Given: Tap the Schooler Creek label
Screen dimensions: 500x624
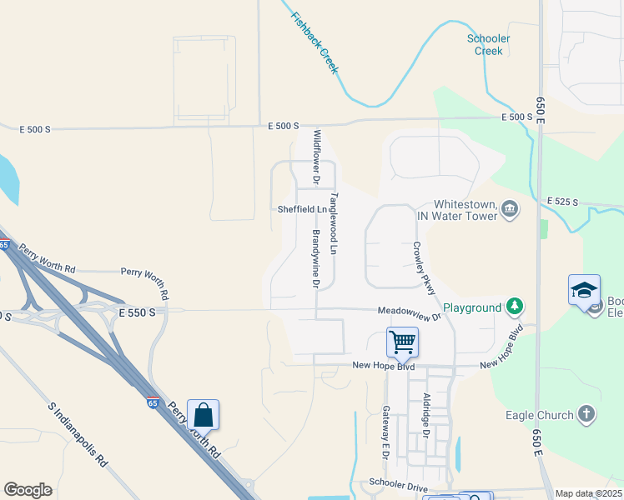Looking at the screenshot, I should (x=489, y=45).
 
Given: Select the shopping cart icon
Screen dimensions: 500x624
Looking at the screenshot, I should (x=402, y=341).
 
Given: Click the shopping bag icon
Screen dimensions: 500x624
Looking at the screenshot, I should (x=203, y=412).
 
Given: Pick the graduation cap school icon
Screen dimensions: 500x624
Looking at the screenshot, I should (x=584, y=290).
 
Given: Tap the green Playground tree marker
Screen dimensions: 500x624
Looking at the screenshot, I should (x=516, y=307).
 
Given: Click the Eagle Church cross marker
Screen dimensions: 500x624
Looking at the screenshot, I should (x=587, y=414).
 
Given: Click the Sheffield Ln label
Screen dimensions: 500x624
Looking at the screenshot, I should (x=301, y=210).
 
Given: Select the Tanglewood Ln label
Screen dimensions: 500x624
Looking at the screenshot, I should (x=335, y=223).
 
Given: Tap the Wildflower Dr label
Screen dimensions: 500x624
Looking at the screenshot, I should (x=317, y=156).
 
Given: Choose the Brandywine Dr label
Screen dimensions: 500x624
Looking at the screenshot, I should (x=317, y=259).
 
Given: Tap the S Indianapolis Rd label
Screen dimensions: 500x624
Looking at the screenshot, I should (x=78, y=435).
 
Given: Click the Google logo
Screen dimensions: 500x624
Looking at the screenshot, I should (x=28, y=490).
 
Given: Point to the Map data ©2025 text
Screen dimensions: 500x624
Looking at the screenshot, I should (x=588, y=493).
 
